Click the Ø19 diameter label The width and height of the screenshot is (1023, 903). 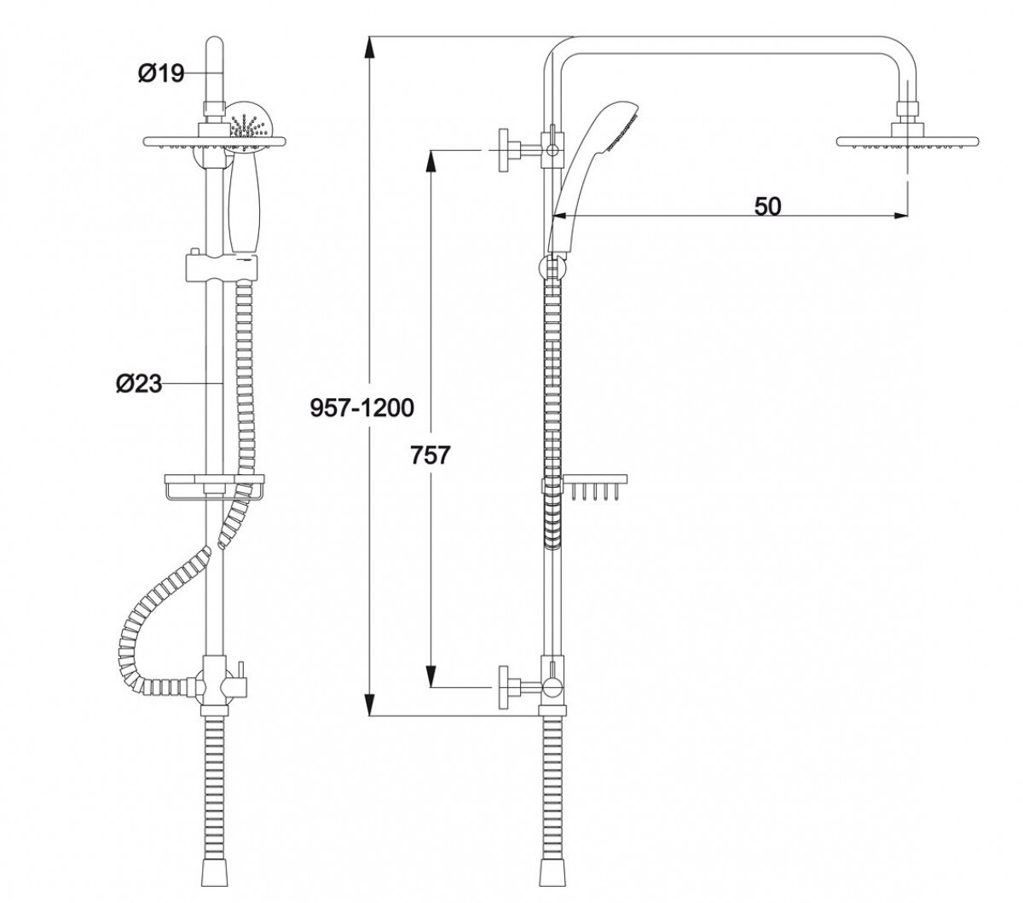point(161,74)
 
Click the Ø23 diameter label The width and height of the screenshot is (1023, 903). point(138,385)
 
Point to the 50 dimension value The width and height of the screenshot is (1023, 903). point(767,206)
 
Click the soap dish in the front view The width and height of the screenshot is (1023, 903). point(208,489)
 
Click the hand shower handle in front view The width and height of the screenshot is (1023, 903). point(244,205)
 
